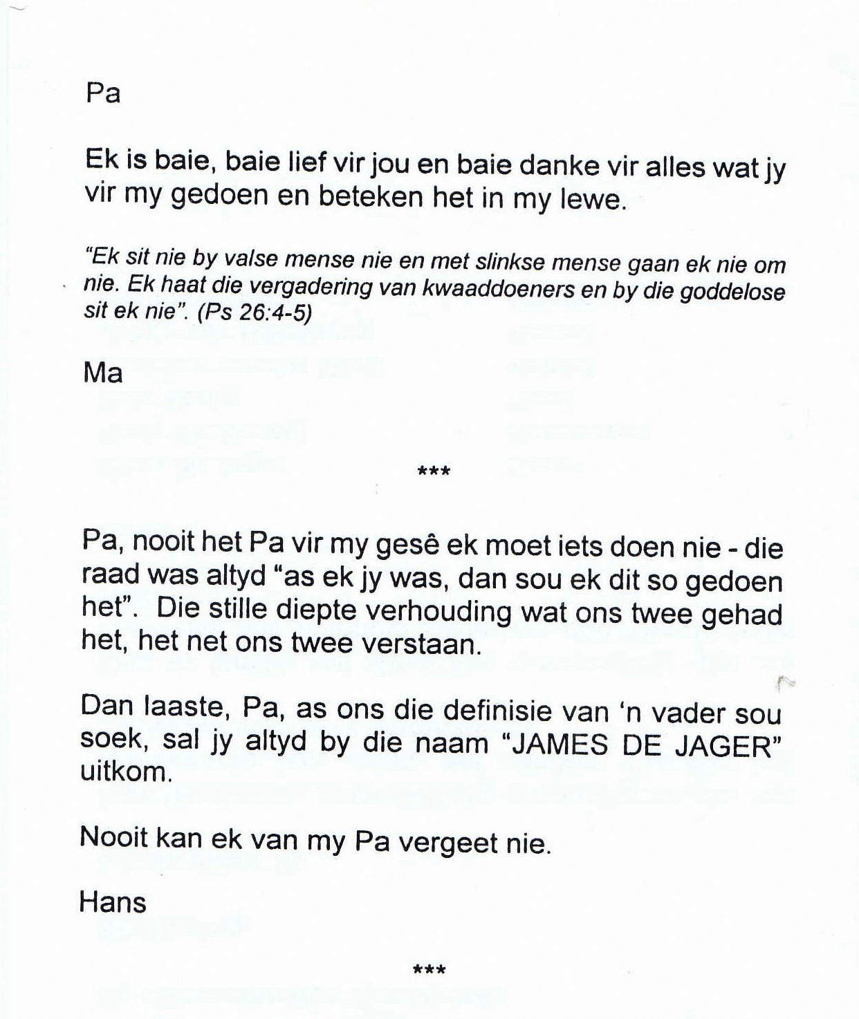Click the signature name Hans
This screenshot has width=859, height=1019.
[x=113, y=902]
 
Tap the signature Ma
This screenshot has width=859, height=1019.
[x=103, y=373]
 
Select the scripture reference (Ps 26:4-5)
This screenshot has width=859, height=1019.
[x=255, y=312]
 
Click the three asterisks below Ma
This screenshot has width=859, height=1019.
[x=434, y=473]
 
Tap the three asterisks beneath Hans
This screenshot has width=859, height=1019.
[x=429, y=970]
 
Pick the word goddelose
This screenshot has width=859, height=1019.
[x=733, y=291]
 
